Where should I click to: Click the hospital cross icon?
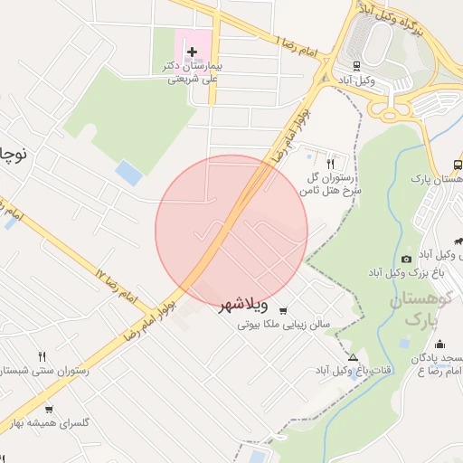[x=191, y=52]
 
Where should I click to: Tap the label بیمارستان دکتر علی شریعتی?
[x=191, y=72]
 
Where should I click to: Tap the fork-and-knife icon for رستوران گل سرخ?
[x=330, y=164]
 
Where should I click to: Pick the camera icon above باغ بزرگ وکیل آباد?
[x=406, y=260]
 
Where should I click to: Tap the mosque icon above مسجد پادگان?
[x=439, y=344]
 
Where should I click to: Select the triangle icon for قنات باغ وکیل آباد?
[x=364, y=355]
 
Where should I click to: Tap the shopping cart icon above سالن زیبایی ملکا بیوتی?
[x=284, y=308]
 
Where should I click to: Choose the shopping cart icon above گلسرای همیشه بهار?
[x=48, y=409]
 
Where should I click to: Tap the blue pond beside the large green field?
[x=129, y=172]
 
